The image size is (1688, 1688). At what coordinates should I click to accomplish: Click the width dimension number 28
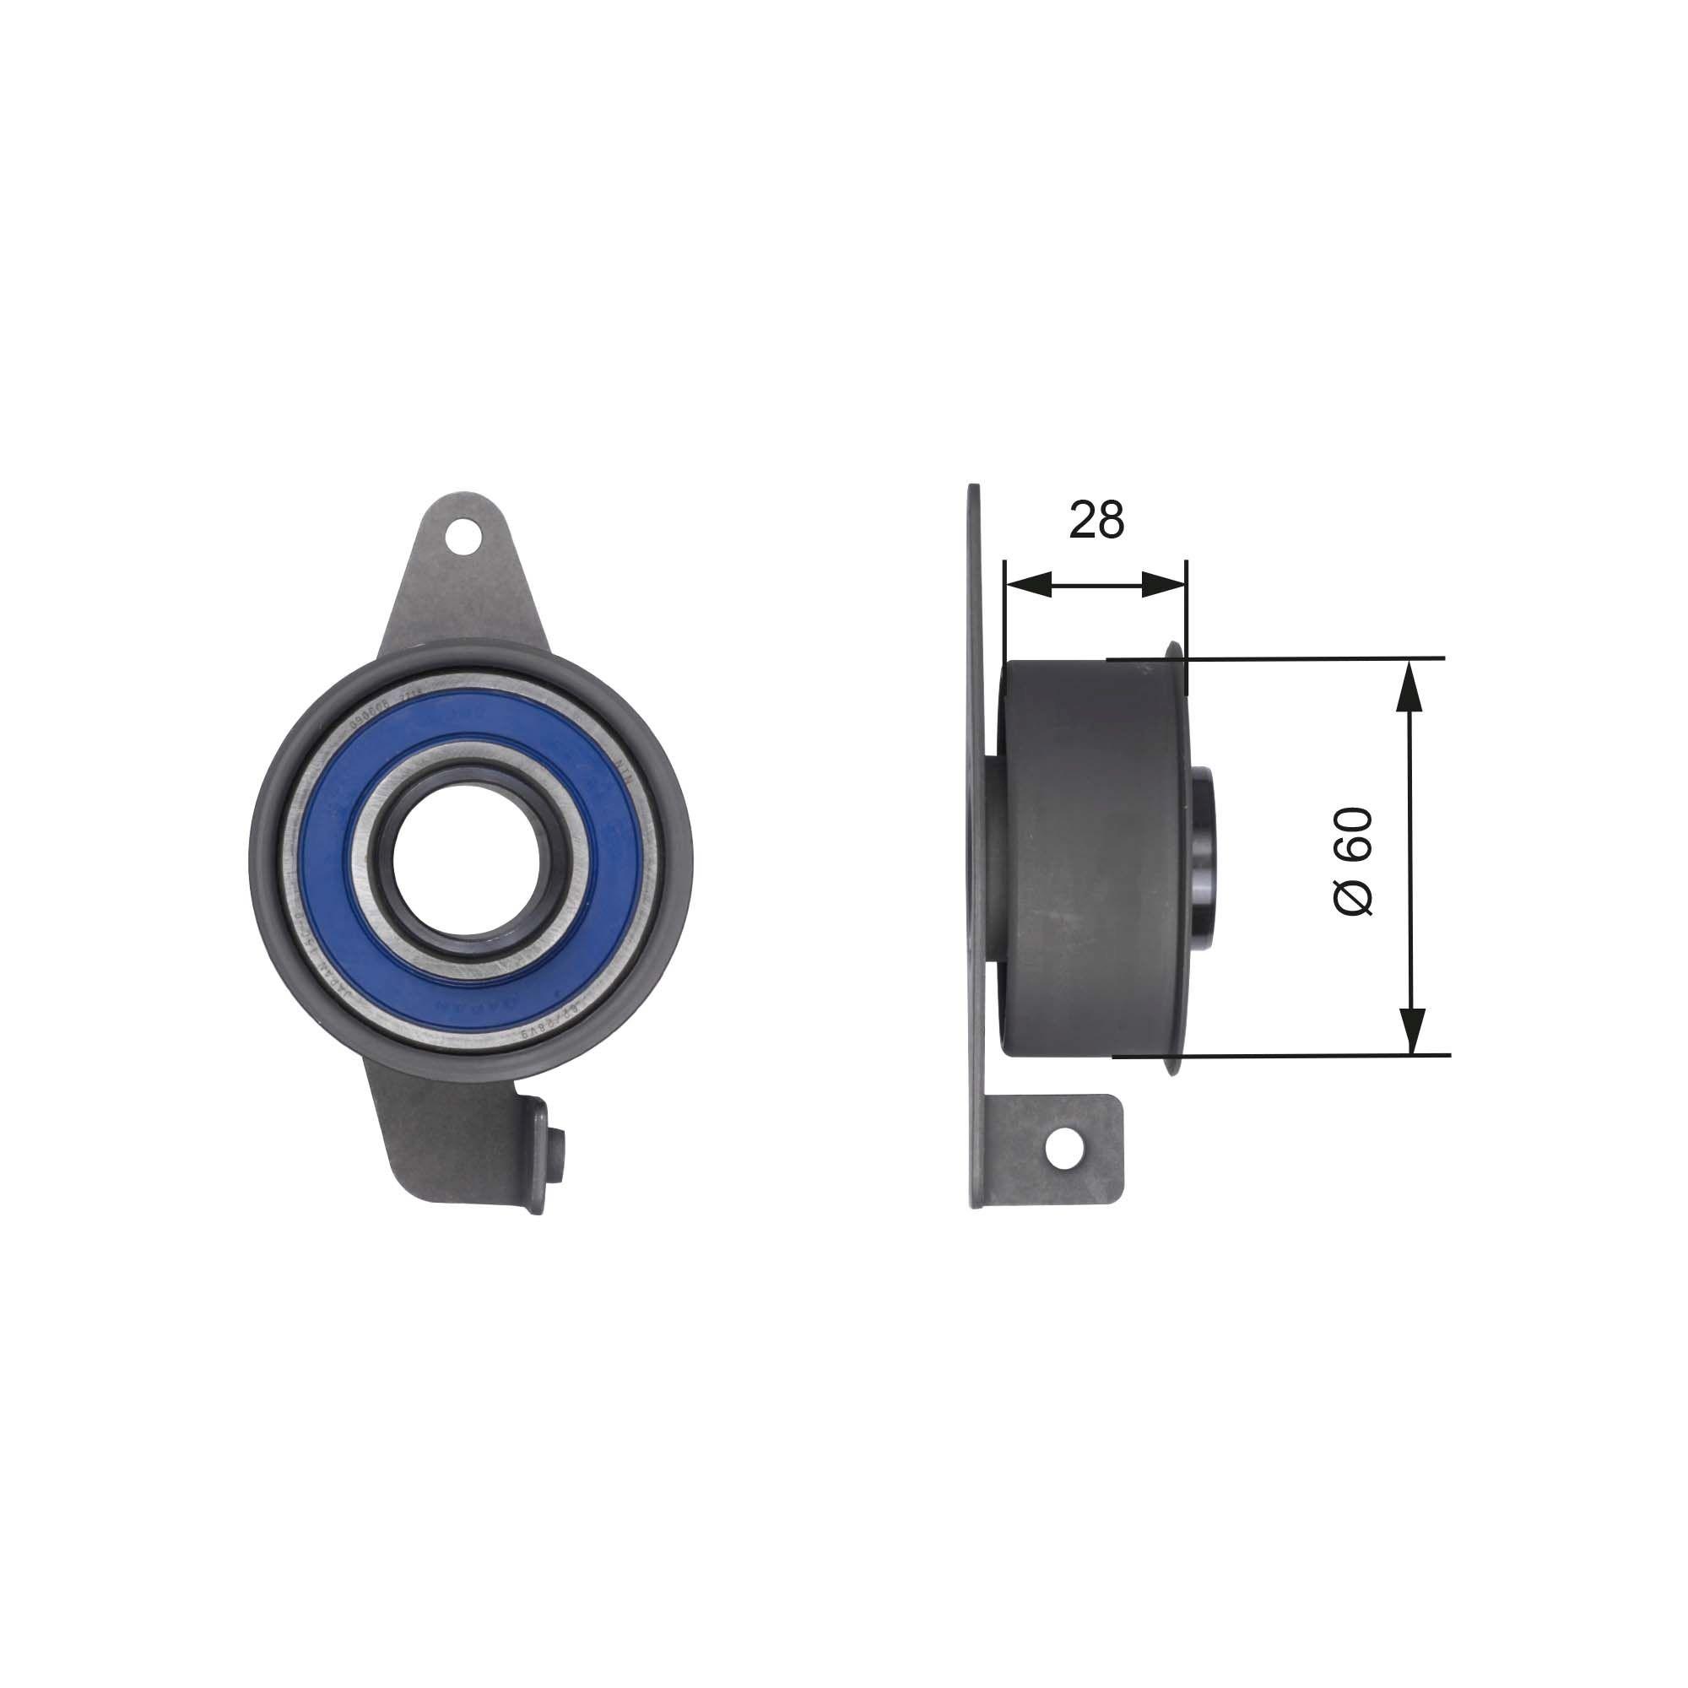(1096, 521)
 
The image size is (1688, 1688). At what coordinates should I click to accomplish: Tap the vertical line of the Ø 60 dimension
(1411, 856)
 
